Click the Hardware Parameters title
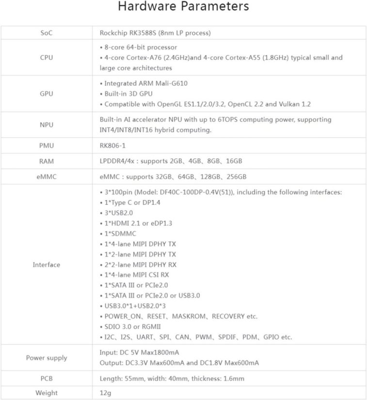tap(183, 7)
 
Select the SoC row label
tap(47, 33)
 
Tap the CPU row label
tap(47, 58)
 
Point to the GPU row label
tap(47, 94)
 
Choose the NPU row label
tap(47, 124)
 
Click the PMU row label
tap(47, 145)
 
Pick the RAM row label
tap(47, 161)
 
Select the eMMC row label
tap(47, 177)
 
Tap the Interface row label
tap(47, 264)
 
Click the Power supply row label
tap(47, 358)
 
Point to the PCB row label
tap(47, 378)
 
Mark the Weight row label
tap(47, 393)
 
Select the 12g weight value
tap(105, 393)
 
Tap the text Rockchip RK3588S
tap(127, 33)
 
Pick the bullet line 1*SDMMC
tap(118, 233)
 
